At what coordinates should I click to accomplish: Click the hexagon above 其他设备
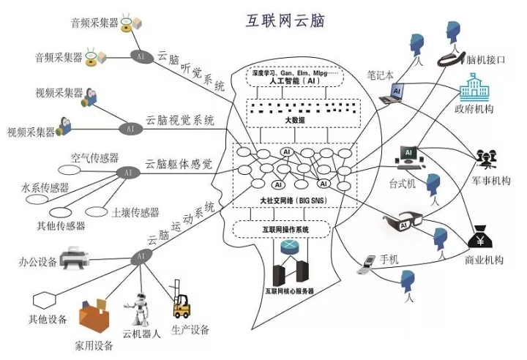click(45, 300)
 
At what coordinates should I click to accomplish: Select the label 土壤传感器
click(135, 213)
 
